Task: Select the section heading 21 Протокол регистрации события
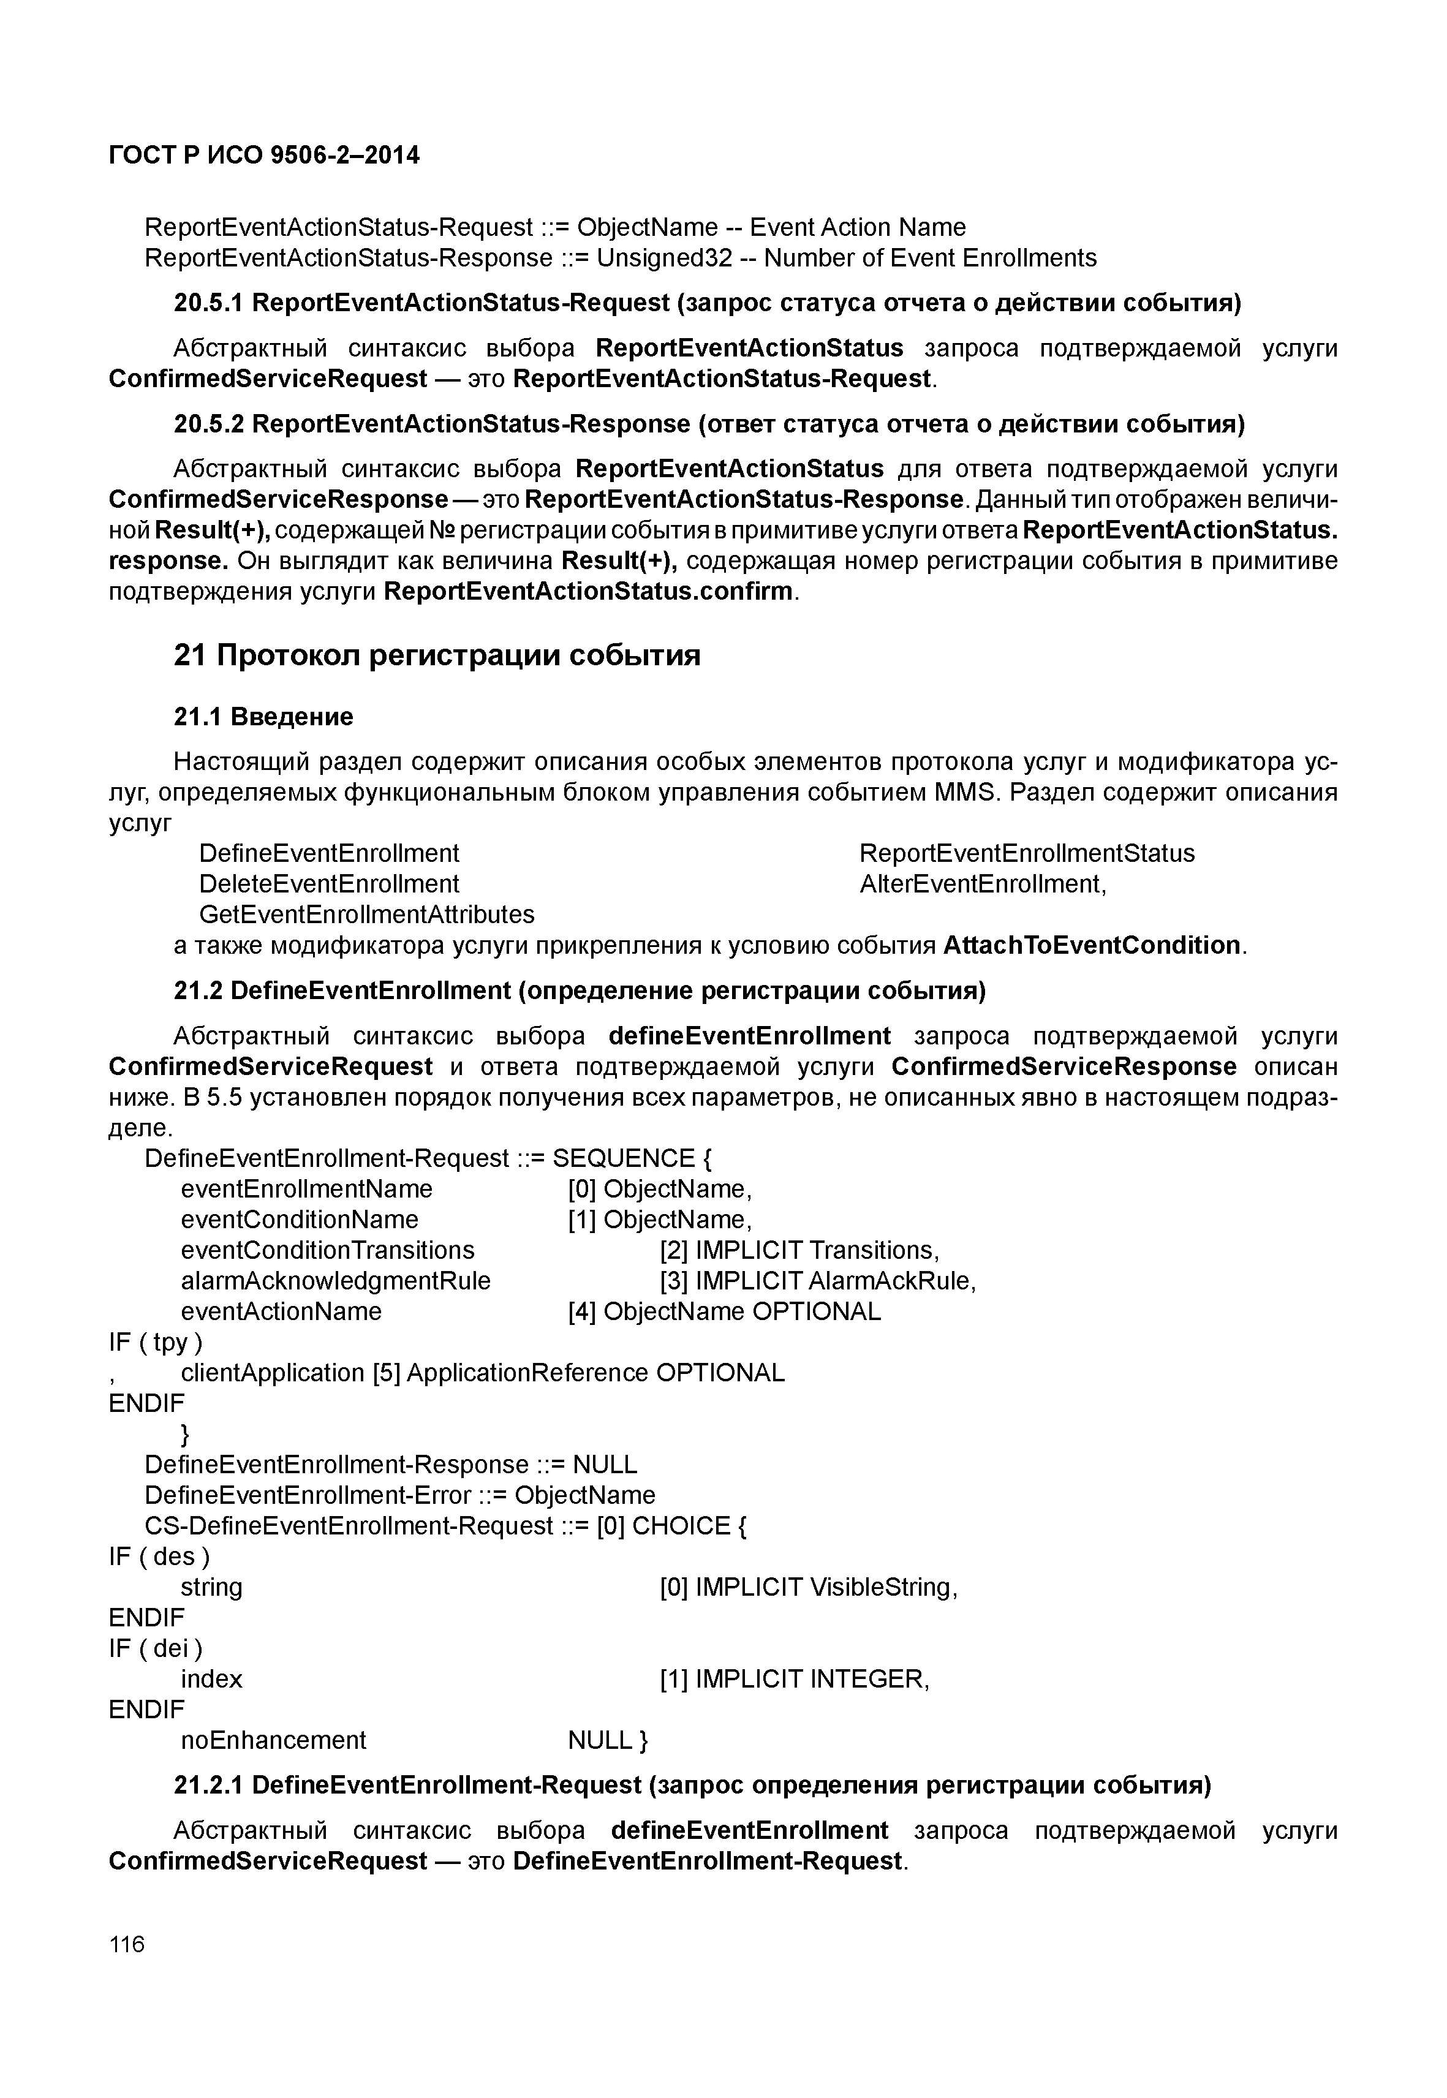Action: [x=437, y=655]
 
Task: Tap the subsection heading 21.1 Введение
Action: [x=263, y=717]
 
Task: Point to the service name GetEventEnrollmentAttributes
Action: [x=366, y=914]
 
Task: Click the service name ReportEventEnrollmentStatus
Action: [x=1026, y=853]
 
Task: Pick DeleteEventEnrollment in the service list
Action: [x=329, y=884]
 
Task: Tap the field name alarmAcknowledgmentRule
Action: [x=336, y=1281]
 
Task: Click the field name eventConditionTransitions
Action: [x=327, y=1250]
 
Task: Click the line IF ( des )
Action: [x=159, y=1557]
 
